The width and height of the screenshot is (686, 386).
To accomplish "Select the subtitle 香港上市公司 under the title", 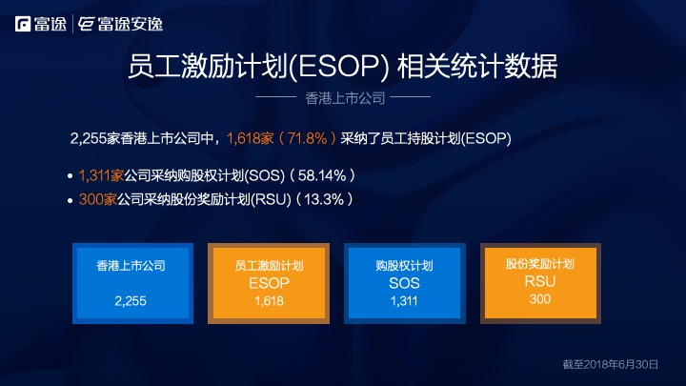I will (x=344, y=98).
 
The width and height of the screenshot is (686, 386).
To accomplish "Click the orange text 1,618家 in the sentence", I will (x=250, y=138).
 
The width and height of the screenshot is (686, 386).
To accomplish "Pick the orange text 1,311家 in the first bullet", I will (x=101, y=176).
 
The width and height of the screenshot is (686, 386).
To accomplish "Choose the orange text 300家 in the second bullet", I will (x=96, y=200).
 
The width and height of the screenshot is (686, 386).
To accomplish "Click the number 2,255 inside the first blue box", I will (x=130, y=301).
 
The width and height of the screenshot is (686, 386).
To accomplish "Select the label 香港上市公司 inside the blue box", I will (x=131, y=267).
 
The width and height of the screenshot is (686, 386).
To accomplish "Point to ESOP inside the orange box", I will (x=269, y=284).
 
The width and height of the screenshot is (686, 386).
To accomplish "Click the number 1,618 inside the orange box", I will (x=269, y=301).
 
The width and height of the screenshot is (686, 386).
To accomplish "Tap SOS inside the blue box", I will (x=404, y=284).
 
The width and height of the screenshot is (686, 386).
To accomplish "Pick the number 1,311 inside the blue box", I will (x=404, y=301).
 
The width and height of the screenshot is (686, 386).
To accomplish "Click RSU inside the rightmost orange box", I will (x=539, y=282).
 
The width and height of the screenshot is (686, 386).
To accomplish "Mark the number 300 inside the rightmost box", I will (x=539, y=299).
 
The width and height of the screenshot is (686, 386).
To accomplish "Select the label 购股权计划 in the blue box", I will (x=404, y=267).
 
